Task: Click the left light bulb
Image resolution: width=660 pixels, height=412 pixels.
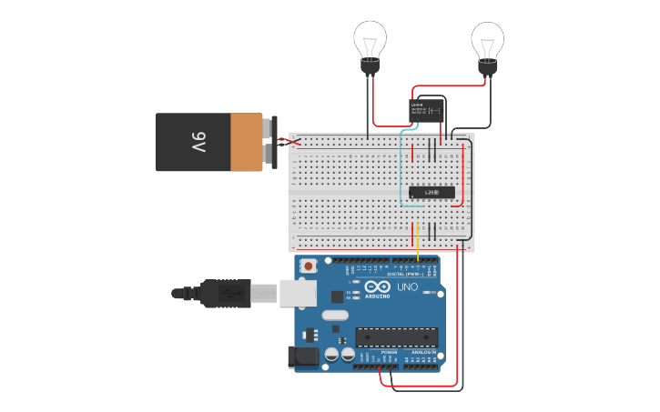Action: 370,41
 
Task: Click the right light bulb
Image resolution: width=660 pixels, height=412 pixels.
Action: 487,41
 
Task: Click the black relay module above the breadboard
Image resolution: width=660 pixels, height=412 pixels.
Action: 426,111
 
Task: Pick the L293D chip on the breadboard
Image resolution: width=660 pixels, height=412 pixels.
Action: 432,192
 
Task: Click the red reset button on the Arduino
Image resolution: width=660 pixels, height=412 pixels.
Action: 310,266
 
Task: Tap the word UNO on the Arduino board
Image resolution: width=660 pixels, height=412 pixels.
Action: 407,287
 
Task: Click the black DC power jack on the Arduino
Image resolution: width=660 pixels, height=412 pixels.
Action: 303,357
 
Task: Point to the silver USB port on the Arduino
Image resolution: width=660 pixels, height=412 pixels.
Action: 298,292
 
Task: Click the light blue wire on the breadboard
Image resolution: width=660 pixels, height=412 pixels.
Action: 402,173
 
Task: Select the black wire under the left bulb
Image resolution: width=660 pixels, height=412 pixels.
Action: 368,105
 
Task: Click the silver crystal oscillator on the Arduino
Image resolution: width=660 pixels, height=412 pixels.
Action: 334,316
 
